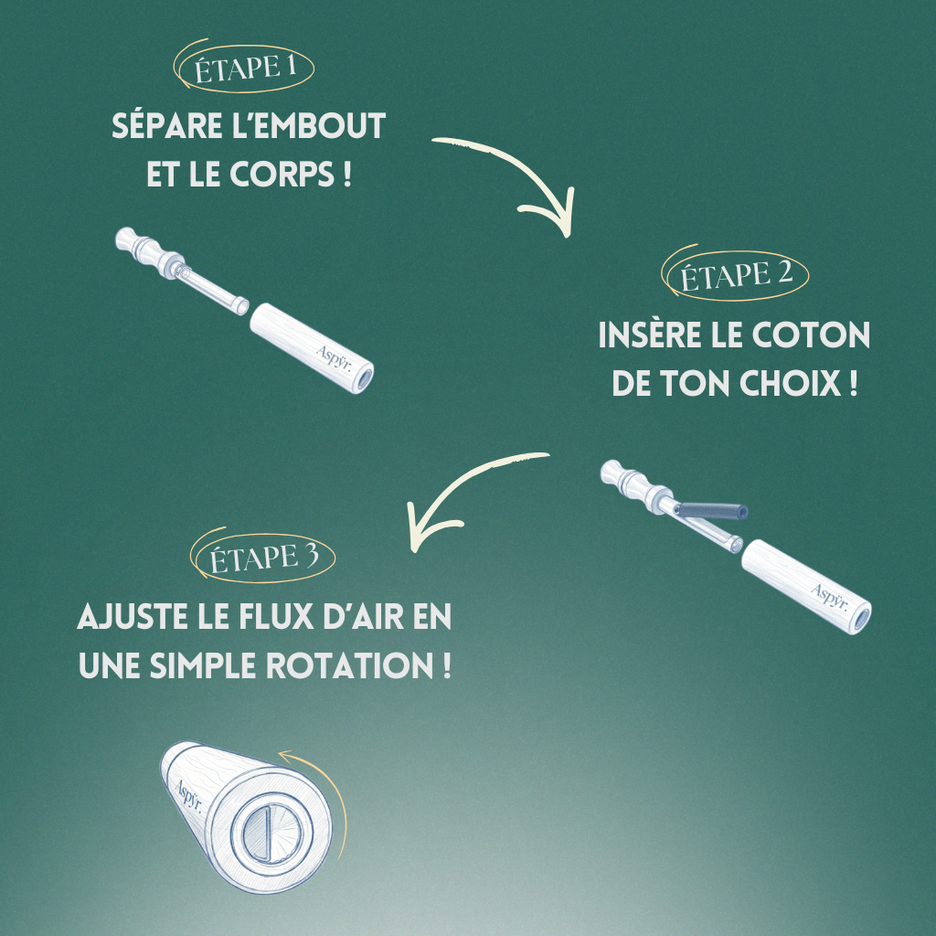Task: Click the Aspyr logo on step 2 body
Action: pos(830,596)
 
